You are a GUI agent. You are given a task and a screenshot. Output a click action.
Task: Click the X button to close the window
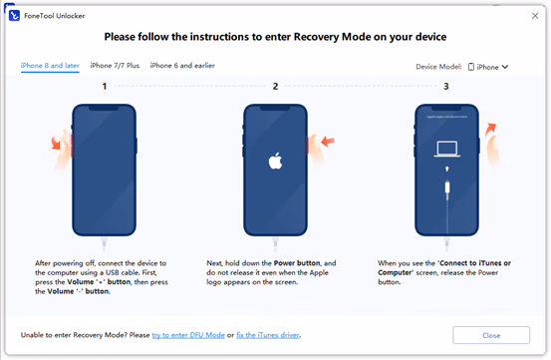coord(535,16)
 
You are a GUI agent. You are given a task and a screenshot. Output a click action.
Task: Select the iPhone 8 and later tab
coord(50,66)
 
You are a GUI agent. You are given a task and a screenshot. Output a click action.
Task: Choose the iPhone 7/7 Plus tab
coord(115,66)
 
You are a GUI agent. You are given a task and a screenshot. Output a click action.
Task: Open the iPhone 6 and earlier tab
coord(182,66)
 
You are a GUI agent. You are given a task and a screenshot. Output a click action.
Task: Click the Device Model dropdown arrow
coord(505,67)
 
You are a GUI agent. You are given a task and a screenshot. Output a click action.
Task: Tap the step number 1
coord(105,86)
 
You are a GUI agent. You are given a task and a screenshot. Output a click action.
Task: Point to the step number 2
coord(275,86)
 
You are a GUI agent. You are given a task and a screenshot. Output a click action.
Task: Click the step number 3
coord(446,86)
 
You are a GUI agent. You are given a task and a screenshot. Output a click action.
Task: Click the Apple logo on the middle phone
coord(275,161)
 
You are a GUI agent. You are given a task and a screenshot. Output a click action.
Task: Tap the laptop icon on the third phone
coord(447,149)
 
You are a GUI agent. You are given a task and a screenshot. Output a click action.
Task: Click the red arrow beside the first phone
coord(56,143)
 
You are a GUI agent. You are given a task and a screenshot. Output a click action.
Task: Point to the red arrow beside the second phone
coord(328,142)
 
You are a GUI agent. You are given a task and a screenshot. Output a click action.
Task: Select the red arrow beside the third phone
coord(490,130)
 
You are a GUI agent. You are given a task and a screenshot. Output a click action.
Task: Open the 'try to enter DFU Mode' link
coord(188,335)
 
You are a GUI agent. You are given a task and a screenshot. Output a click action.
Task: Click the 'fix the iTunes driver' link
coord(268,335)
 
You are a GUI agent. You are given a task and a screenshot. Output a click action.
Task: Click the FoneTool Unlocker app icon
coord(14,16)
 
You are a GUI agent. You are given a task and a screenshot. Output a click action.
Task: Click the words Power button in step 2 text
coord(297,263)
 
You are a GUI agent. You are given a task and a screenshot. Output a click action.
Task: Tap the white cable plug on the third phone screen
coord(447,187)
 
